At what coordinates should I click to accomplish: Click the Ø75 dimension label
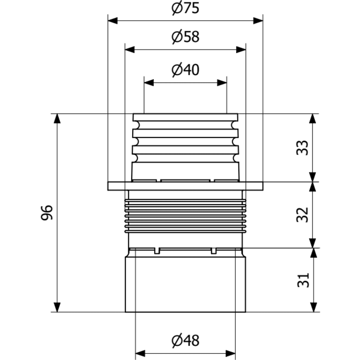pyautogui.click(x=185, y=8)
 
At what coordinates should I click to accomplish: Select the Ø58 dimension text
pyautogui.click(x=185, y=37)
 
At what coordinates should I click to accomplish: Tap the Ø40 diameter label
pyautogui.click(x=185, y=70)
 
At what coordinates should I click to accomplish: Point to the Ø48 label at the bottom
pyautogui.click(x=185, y=340)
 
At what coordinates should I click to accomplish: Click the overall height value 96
pyautogui.click(x=47, y=213)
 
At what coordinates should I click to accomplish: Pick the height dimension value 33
pyautogui.click(x=303, y=147)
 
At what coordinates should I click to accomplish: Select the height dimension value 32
pyautogui.click(x=303, y=215)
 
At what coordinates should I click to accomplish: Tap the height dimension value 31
pyautogui.click(x=303, y=280)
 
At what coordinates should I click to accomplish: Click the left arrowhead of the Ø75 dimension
pyautogui.click(x=113, y=21)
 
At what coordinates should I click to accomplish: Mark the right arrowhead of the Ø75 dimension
pyautogui.click(x=258, y=21)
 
